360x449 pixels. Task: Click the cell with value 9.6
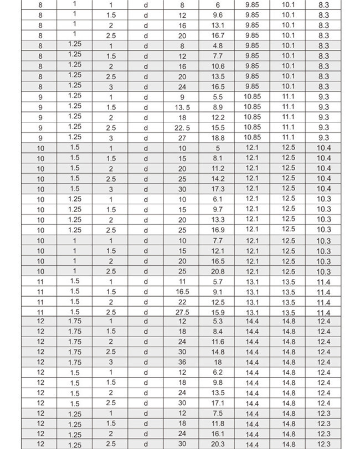click(x=218, y=15)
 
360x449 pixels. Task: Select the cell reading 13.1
click(x=218, y=25)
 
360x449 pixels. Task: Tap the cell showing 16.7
click(x=218, y=35)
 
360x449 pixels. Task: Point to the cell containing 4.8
click(x=218, y=46)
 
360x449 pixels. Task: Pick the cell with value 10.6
click(x=218, y=66)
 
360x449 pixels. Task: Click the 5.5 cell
click(x=218, y=97)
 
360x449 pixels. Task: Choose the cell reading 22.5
click(x=182, y=128)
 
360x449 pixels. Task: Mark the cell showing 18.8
click(x=218, y=138)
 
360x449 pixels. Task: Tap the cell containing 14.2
click(x=218, y=179)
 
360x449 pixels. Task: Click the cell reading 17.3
click(x=218, y=189)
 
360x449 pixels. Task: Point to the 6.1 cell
click(x=218, y=199)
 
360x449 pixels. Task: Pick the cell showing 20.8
click(x=218, y=272)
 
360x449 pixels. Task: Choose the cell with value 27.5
click(x=182, y=313)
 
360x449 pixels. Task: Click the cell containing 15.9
click(x=218, y=313)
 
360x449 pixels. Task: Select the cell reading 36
click(x=182, y=362)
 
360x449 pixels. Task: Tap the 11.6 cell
click(x=218, y=342)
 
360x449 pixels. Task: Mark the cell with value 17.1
click(x=218, y=403)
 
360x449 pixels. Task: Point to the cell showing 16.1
click(x=218, y=434)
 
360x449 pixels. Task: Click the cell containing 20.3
click(x=218, y=444)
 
